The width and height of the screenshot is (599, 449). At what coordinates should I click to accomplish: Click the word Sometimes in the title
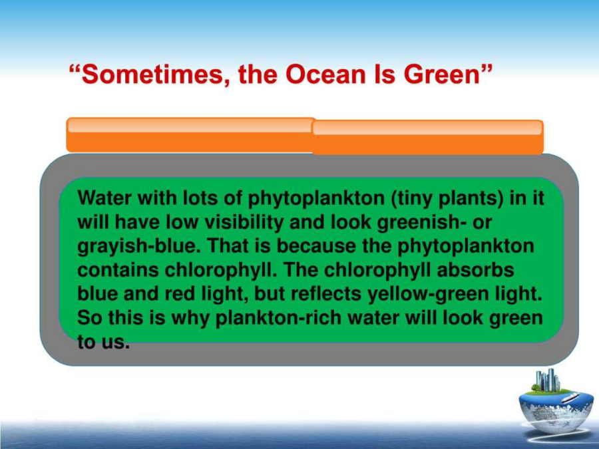tap(152, 75)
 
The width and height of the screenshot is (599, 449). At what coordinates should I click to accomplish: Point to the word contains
tap(118, 270)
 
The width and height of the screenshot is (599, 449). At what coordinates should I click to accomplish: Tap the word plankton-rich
tap(278, 319)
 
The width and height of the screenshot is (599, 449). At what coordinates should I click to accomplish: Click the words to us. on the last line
tap(104, 341)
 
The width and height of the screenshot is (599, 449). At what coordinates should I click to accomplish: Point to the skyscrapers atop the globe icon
tap(548, 380)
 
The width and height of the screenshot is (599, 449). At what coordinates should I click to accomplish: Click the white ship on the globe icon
tap(570, 398)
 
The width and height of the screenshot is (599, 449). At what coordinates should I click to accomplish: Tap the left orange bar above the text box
tap(190, 135)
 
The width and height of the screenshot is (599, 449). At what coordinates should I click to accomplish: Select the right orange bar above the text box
tap(428, 137)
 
